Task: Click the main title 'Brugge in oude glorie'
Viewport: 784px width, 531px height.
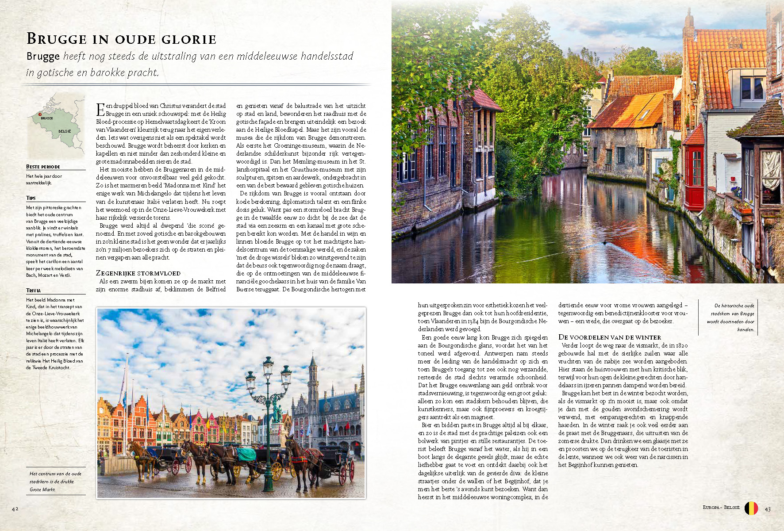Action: (121, 39)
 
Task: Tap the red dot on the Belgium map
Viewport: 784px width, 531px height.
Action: (39, 114)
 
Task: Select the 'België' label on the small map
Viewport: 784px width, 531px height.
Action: (65, 131)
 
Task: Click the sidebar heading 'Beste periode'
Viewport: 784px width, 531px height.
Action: (43, 167)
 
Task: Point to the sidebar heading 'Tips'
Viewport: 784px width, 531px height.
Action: (31, 198)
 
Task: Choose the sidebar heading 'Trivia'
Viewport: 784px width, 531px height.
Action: (33, 290)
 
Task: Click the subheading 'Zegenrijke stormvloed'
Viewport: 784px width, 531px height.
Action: (138, 273)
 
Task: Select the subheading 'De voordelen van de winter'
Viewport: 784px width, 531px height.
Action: (609, 337)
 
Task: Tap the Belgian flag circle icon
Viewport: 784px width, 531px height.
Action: (751, 508)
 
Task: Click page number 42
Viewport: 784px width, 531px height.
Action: (15, 509)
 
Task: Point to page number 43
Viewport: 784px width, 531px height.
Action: (768, 509)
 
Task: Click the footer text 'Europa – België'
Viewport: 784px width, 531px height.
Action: (721, 508)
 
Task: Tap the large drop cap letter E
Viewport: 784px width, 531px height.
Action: (100, 109)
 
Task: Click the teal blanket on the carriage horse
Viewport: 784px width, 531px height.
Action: (246, 454)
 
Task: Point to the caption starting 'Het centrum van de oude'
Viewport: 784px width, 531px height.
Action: (55, 481)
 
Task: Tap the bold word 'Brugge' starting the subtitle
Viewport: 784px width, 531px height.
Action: (43, 57)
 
